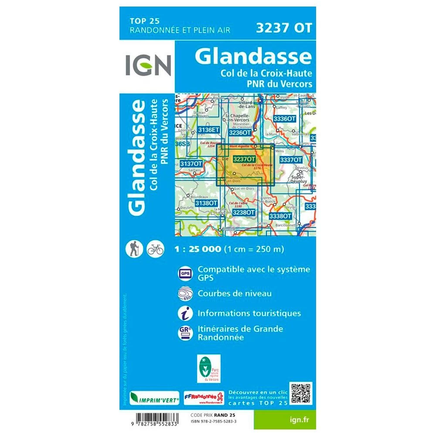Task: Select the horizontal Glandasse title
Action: tap(253, 57)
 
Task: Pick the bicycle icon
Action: tap(155, 249)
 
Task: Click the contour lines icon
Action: tap(185, 293)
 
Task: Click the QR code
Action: tap(301, 393)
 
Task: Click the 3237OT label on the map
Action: tap(244, 160)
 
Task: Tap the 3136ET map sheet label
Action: tap(207, 129)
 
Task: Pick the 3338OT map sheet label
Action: tap(280, 216)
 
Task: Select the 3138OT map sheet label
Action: tap(206, 203)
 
